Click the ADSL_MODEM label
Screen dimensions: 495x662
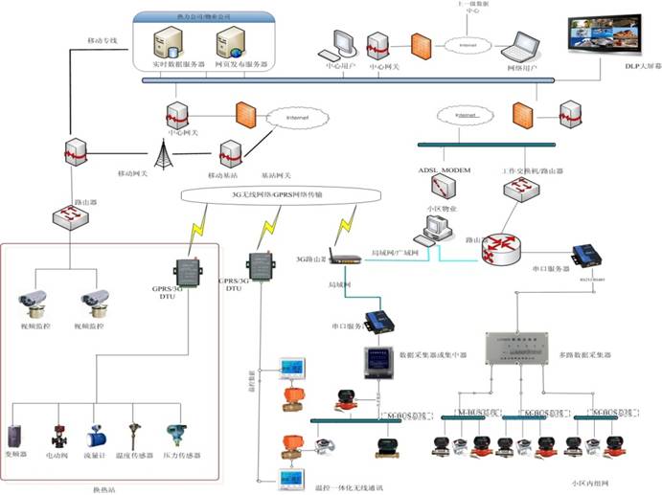click(445, 169)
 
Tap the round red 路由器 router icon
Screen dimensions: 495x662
click(499, 247)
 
